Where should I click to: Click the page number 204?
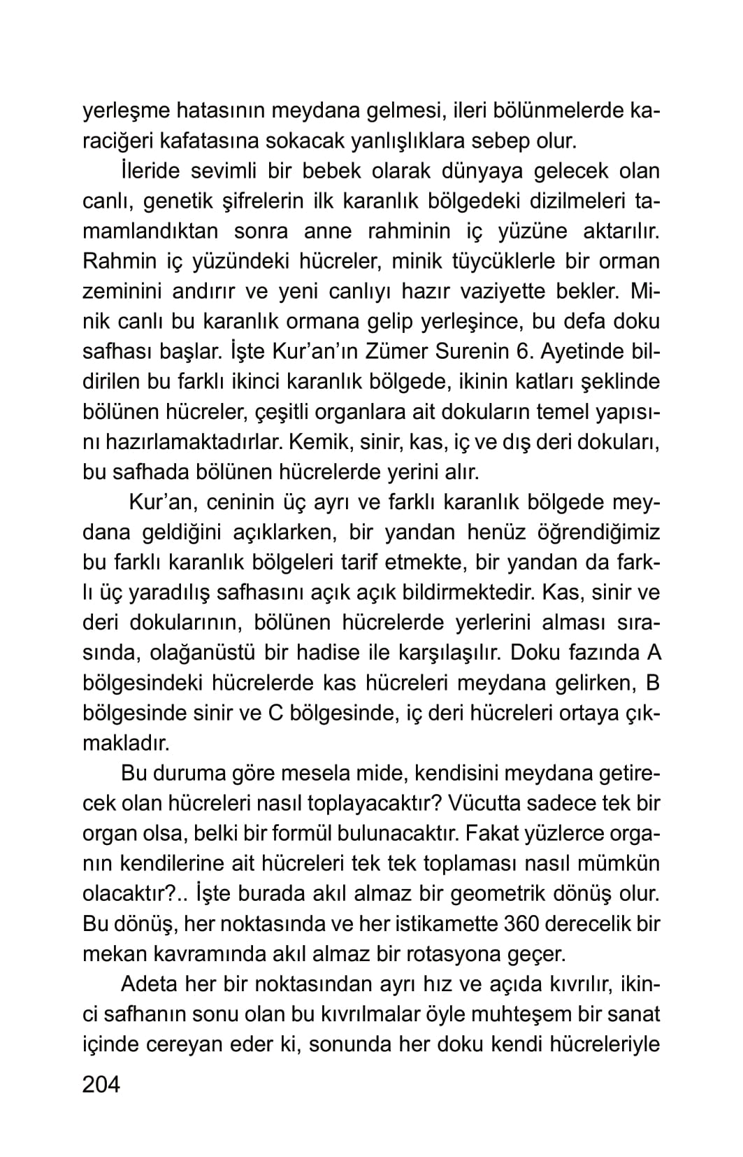click(101, 1084)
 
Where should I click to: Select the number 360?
click(520, 924)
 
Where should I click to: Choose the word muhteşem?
click(512, 1014)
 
